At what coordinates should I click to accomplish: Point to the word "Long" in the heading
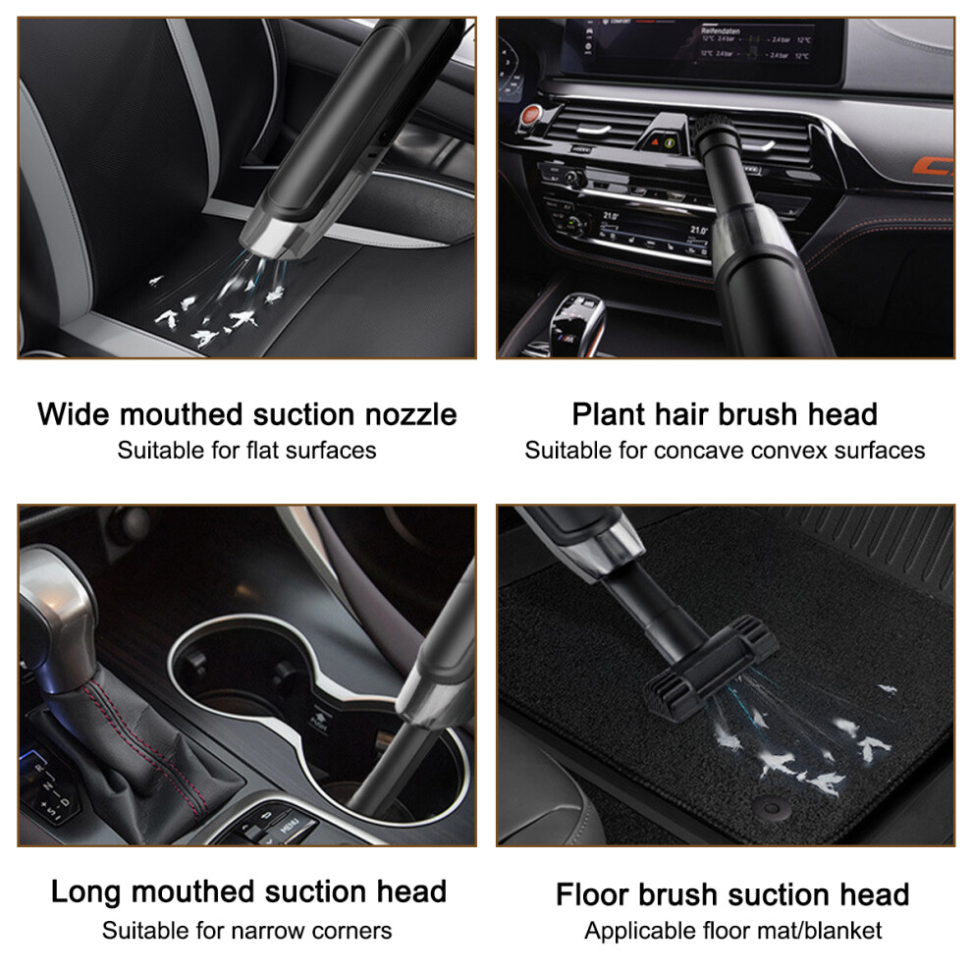tap(85, 892)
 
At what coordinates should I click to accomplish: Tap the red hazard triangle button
tap(655, 142)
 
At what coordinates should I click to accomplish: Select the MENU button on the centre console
tap(289, 826)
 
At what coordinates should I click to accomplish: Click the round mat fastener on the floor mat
tap(771, 808)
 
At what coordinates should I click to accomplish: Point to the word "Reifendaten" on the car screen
tap(721, 30)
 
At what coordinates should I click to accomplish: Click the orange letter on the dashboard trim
tap(933, 166)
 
